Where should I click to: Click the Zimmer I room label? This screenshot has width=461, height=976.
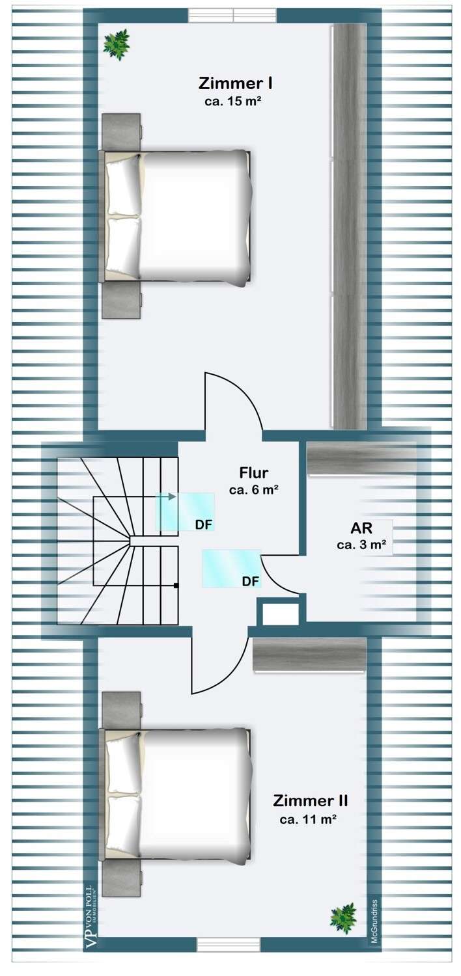click(235, 84)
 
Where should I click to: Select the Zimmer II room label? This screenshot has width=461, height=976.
click(310, 800)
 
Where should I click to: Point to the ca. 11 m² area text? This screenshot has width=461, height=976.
click(308, 820)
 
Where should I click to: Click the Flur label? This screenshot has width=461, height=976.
click(253, 473)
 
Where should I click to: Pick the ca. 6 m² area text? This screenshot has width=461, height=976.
click(254, 490)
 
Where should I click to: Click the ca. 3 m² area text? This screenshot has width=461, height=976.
click(365, 545)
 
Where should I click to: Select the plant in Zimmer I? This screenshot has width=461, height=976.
click(117, 44)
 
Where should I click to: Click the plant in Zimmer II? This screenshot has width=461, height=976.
click(342, 918)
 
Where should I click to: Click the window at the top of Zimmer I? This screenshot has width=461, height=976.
click(232, 15)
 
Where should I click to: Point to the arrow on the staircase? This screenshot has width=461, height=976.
click(171, 496)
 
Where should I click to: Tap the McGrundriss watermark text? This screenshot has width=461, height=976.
click(374, 924)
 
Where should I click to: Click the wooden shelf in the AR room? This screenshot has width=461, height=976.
click(361, 459)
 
